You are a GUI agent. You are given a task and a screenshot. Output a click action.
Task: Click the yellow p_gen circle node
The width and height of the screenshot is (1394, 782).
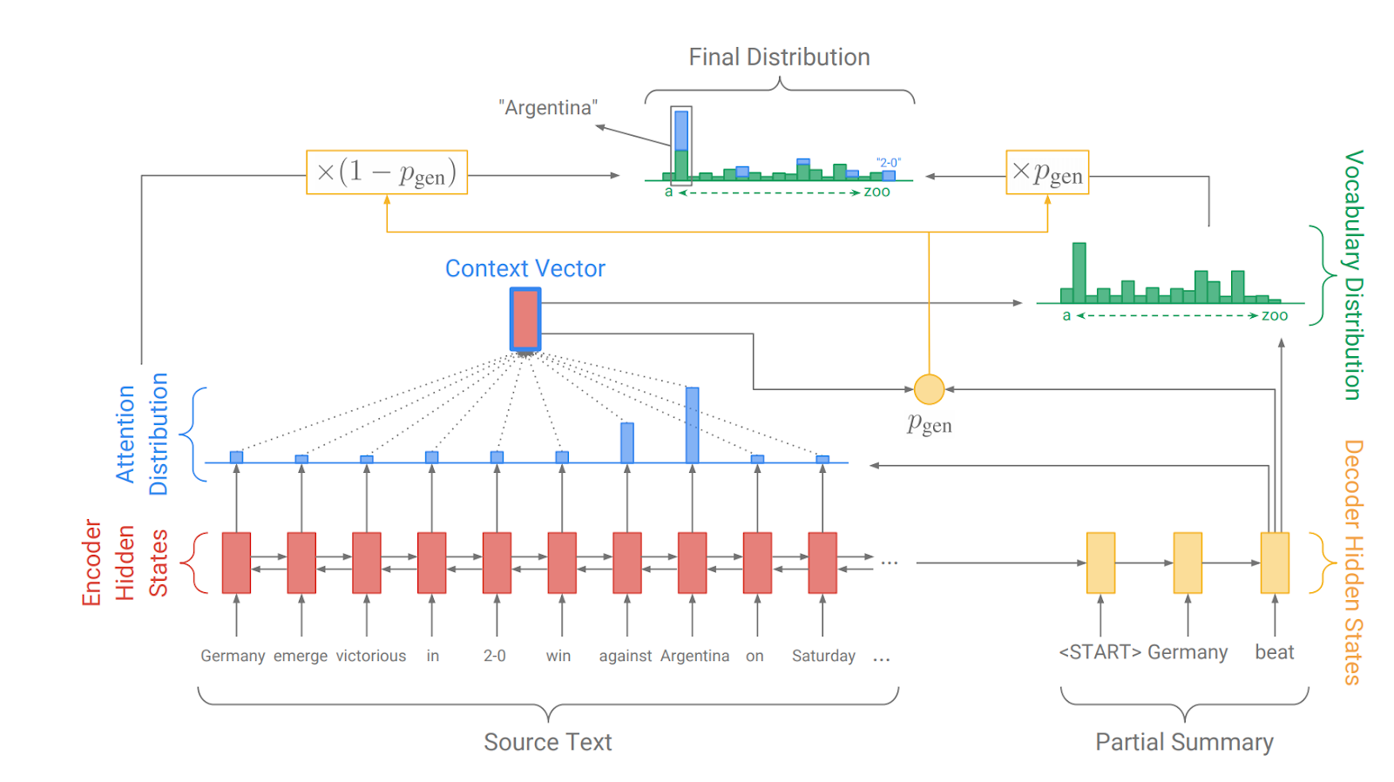(929, 389)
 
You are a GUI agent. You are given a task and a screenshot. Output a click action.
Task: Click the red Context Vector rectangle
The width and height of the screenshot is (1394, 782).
(525, 319)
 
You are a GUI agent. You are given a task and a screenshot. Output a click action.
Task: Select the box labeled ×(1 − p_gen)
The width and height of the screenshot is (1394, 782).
(387, 172)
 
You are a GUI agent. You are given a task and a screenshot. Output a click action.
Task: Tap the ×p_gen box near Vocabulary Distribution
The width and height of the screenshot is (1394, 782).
(1047, 172)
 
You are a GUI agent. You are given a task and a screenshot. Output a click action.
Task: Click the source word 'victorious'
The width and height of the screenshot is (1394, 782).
(371, 656)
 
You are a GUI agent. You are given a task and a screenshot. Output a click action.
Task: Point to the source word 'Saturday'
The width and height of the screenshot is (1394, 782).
(823, 656)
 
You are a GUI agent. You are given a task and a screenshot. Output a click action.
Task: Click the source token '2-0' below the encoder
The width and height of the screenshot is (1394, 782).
(495, 656)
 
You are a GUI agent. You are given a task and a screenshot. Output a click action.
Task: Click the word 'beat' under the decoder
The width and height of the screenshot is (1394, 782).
(1274, 652)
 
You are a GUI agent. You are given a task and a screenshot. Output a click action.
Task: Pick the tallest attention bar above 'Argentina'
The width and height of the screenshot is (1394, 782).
(692, 425)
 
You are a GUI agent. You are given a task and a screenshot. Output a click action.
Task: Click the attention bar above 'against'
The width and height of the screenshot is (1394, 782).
(627, 442)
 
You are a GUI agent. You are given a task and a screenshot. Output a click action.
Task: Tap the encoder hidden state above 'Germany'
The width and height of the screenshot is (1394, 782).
(236, 563)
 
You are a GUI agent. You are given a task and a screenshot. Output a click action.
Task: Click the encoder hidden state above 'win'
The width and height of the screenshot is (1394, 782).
(562, 563)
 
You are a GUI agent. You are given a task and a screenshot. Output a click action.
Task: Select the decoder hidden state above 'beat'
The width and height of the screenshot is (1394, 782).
(1275, 563)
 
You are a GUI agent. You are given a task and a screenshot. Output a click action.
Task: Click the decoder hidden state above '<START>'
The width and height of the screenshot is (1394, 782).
(1100, 563)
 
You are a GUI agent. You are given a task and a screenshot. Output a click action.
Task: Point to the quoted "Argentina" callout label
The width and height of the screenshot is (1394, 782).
(548, 108)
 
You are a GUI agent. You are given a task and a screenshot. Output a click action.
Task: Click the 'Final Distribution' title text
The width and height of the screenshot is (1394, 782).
(779, 57)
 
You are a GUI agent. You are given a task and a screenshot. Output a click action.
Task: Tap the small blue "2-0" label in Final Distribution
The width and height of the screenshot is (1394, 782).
(889, 163)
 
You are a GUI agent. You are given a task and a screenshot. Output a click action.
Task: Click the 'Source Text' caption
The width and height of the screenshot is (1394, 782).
(548, 742)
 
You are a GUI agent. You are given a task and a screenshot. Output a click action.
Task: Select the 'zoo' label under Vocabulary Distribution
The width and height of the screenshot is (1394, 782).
(1275, 316)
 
